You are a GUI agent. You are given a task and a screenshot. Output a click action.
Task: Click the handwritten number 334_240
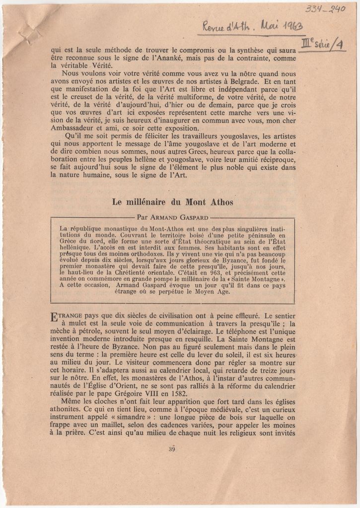pos(325,8)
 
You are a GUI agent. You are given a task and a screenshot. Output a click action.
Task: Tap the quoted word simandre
pos(111,418)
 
